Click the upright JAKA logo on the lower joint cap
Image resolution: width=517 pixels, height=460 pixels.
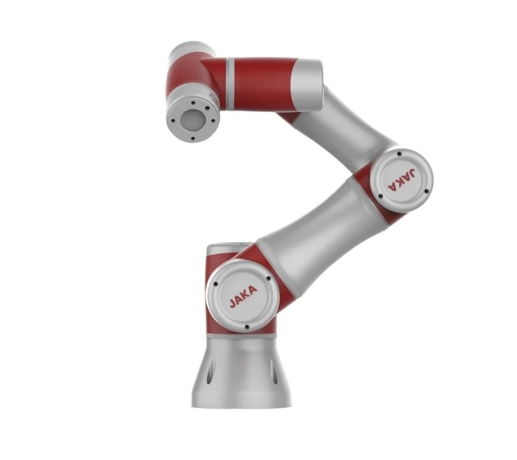coord(243,296)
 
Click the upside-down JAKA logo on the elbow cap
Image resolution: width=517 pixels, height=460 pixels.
coord(402,179)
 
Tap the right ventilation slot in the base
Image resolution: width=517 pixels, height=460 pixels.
coord(272,372)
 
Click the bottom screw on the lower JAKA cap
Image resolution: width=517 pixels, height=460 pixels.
coord(246,327)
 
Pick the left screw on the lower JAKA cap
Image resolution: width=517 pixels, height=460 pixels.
coord(216,284)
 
